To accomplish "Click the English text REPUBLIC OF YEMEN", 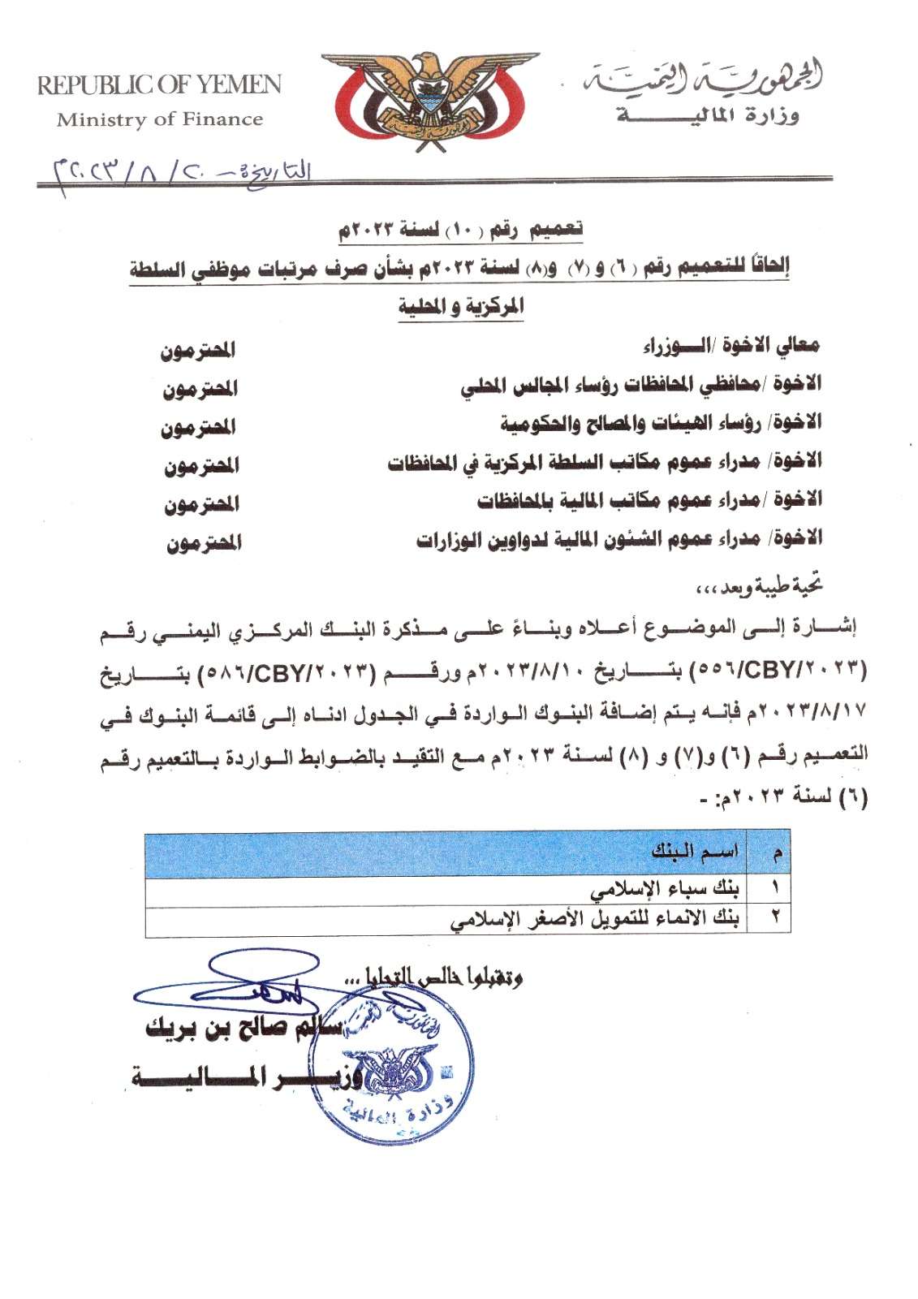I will (x=159, y=84).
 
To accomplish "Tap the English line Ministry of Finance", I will (x=160, y=119).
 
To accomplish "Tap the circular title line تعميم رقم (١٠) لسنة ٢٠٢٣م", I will (x=460, y=230).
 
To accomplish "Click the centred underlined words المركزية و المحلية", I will (x=460, y=307).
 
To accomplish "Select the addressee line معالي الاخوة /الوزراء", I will (x=731, y=346).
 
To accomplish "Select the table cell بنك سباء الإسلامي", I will (x=665, y=889).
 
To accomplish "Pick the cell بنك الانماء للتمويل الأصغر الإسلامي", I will (x=594, y=920).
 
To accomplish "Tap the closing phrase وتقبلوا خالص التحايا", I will (x=438, y=977).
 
